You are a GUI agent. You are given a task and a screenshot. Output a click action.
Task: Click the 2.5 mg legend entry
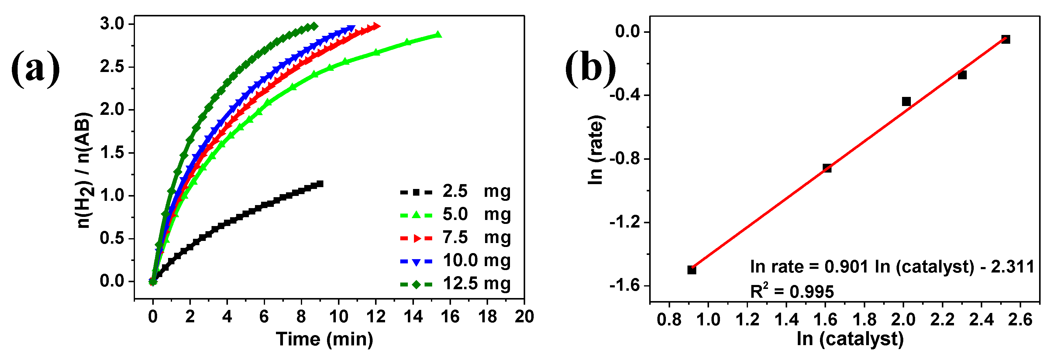tap(455, 191)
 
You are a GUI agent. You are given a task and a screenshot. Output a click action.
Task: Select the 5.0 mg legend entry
tap(455, 214)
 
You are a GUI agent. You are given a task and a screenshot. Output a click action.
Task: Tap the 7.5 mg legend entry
tap(455, 238)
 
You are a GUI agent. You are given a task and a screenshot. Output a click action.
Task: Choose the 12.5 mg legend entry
tap(455, 284)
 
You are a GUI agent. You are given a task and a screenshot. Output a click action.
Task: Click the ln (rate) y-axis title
tap(596, 150)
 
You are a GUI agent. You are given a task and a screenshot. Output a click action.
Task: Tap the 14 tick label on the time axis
tap(413, 317)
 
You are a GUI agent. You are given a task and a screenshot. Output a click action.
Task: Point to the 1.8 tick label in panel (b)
tap(864, 320)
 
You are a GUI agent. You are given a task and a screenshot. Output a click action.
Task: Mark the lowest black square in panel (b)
tap(692, 270)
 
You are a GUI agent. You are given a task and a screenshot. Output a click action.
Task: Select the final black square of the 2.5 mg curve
tap(320, 184)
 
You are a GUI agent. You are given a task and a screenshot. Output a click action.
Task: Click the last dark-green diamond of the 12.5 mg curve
tap(314, 27)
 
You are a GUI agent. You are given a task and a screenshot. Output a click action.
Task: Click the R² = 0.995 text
tap(791, 292)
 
